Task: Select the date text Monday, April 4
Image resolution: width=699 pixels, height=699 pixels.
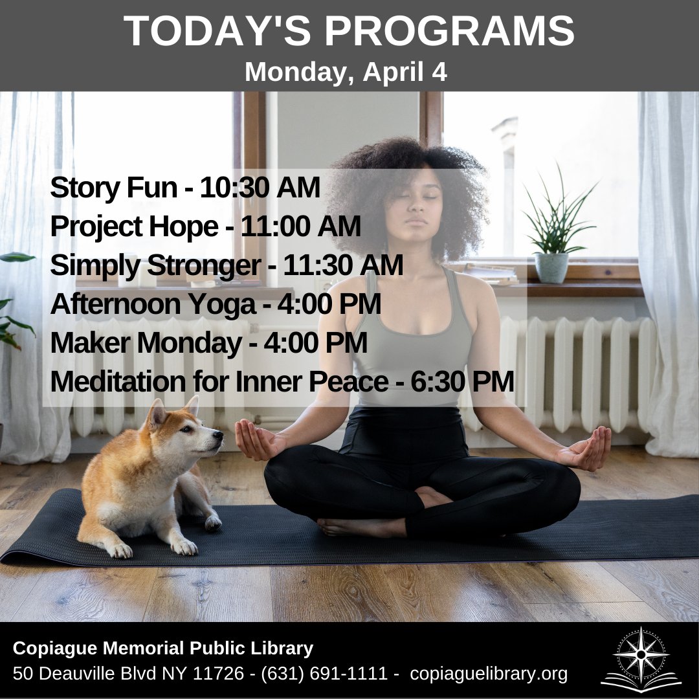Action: coord(346,72)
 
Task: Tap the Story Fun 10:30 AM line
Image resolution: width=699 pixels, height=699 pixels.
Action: coord(184,188)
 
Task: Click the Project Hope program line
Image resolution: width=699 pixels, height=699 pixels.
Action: coord(205,227)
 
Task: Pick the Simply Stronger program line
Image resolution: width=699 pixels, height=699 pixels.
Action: coord(226,265)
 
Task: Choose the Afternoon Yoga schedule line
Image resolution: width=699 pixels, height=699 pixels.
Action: coord(215,304)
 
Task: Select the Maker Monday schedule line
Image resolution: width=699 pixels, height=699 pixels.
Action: coord(208,343)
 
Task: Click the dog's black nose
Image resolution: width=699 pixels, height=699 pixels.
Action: coord(219,441)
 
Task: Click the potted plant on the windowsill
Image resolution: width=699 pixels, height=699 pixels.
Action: coord(552,234)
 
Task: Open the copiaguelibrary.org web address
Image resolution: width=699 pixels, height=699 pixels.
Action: coord(489,674)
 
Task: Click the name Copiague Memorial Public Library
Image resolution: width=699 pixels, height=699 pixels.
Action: coord(163,648)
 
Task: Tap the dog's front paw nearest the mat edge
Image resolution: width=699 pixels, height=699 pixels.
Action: coord(184,547)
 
